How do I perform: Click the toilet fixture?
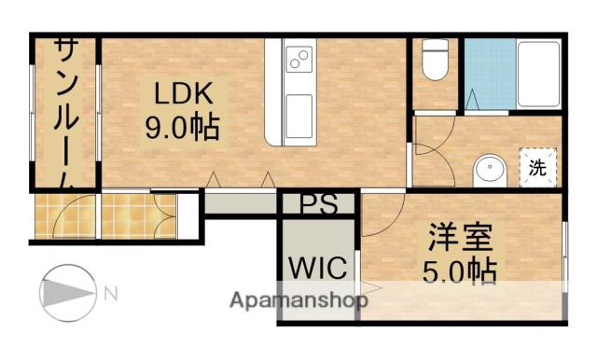433,63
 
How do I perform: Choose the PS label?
317,203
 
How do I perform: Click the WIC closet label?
317,269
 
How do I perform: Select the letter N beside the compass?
110,295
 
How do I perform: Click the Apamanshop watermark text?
298,301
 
